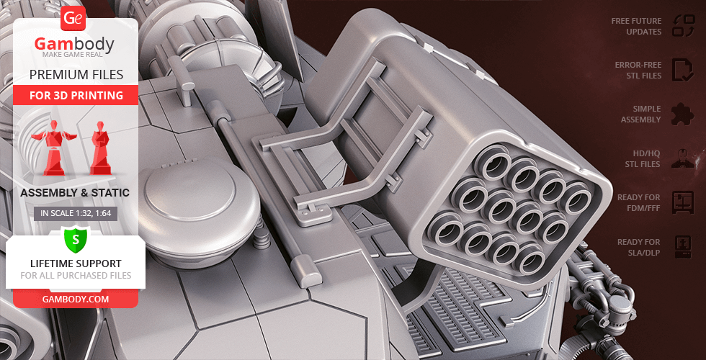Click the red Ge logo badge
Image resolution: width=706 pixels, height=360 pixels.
[x=73, y=19]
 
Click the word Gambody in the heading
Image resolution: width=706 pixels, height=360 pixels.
[x=74, y=44]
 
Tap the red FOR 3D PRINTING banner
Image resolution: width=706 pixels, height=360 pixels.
[x=76, y=95]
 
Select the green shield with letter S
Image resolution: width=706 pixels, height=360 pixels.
[x=76, y=240]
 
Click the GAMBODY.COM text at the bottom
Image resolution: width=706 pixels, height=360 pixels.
[x=76, y=300]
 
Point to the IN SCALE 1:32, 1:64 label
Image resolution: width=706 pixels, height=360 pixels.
[x=76, y=213]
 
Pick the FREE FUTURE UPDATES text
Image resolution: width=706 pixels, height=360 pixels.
[x=636, y=26]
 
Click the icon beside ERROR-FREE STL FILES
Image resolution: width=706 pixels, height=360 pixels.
[x=683, y=70]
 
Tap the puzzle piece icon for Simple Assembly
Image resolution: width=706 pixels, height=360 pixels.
[x=683, y=114]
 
